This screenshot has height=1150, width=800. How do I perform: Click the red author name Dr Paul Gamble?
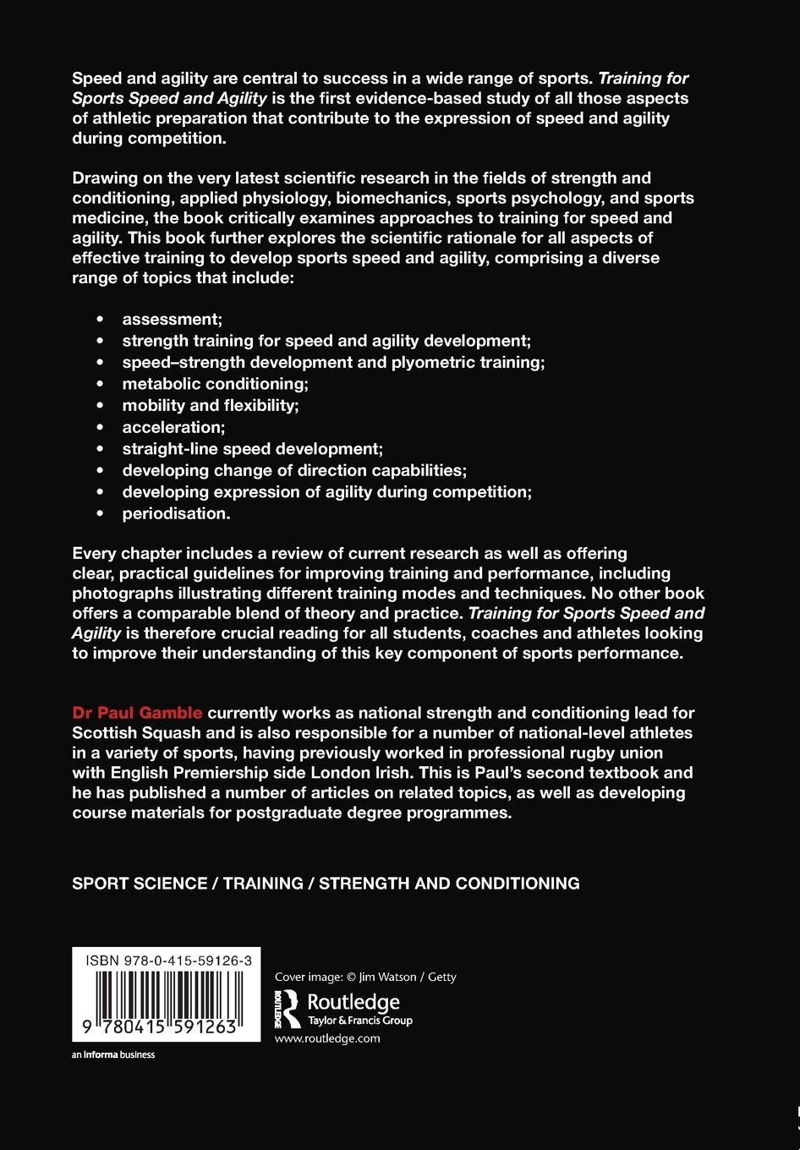coord(137,713)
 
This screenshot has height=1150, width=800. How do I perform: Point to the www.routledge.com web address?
coord(327,1038)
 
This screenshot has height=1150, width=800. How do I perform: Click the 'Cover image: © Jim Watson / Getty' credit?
coord(365,977)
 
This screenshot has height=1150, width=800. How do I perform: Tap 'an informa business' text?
coord(113,1054)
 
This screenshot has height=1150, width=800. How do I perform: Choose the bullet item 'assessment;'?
coord(172,320)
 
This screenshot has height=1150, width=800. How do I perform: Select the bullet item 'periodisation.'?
coord(176,513)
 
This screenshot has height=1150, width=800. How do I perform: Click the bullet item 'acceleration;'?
coord(173,427)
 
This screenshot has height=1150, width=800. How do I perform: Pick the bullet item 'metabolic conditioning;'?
coord(215,384)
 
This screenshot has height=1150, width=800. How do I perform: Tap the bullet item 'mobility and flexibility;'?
coord(211,406)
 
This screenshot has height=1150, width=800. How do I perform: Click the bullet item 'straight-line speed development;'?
coord(252,449)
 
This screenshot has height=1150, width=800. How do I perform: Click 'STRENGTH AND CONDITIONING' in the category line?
coord(449,884)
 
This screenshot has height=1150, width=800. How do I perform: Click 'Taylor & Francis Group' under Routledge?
coord(359,1021)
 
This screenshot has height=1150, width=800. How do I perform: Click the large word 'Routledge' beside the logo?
coord(353,1002)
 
